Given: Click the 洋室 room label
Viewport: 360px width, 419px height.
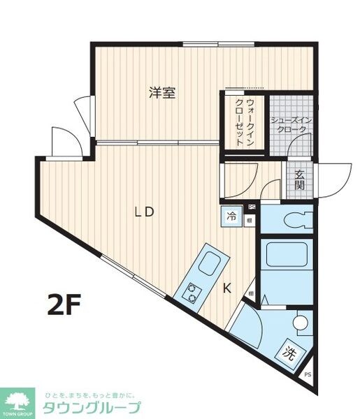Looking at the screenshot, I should (x=161, y=93).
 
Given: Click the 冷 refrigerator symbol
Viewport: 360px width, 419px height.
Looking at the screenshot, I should (x=231, y=216).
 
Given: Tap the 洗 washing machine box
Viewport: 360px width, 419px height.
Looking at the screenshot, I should (x=288, y=353).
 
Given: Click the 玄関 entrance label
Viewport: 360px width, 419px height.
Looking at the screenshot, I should (x=299, y=179).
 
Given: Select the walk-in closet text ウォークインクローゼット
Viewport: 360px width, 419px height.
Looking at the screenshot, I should (x=245, y=123).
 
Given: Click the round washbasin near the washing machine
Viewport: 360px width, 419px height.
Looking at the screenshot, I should (x=301, y=323).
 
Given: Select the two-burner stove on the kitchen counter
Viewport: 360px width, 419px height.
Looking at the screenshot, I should (x=192, y=292).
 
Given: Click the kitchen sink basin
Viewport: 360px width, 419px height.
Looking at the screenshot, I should (x=210, y=264).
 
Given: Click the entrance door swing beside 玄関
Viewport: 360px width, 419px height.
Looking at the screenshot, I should (x=334, y=180).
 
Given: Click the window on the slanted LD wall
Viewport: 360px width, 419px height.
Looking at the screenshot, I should (x=129, y=272).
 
